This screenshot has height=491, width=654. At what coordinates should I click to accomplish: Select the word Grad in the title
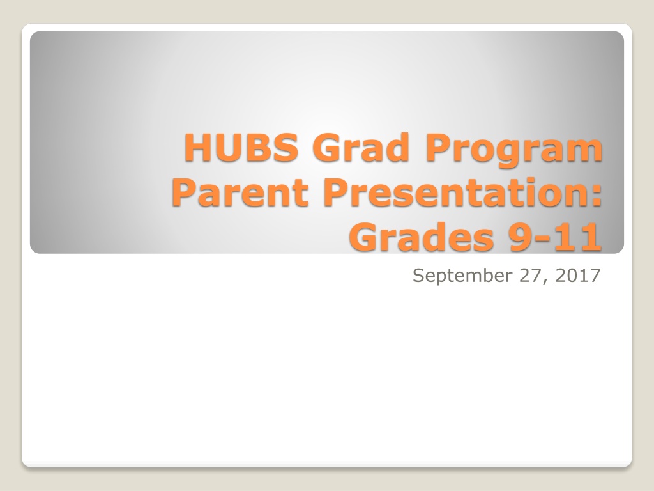(360, 147)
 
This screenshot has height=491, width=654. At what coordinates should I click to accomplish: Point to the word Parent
(240, 192)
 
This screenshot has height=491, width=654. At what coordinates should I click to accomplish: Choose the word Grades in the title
(422, 237)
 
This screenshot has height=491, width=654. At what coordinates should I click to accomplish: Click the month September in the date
(462, 276)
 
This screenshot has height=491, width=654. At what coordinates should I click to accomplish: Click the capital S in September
(419, 275)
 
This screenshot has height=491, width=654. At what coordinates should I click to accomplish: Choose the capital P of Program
(438, 147)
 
